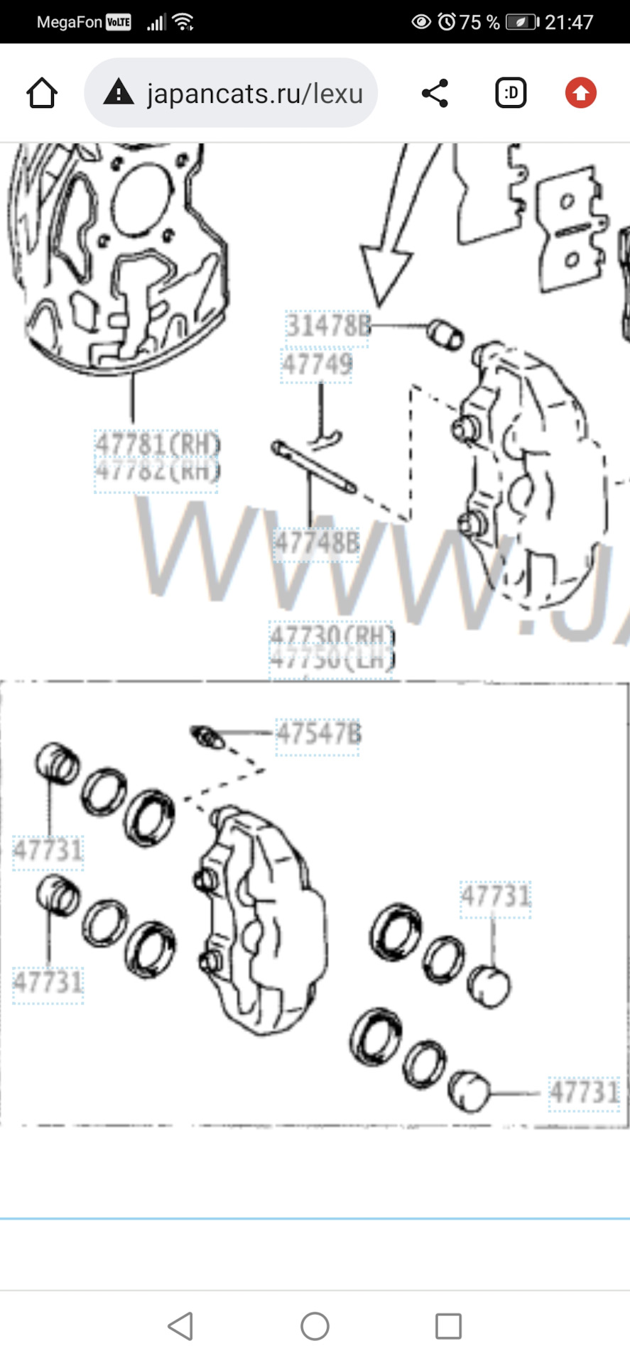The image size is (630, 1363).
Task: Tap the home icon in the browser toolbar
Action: click(42, 93)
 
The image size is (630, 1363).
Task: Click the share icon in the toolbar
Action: click(435, 93)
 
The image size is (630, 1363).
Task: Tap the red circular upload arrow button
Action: click(580, 93)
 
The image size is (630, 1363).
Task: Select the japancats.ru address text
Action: click(254, 94)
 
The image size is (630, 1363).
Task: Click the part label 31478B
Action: click(327, 327)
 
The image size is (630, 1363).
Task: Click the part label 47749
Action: click(317, 365)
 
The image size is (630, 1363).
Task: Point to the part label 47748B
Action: click(317, 544)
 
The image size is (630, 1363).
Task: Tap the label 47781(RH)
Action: click(157, 445)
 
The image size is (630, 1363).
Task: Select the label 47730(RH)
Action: click(331, 635)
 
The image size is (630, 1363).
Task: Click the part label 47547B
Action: click(317, 733)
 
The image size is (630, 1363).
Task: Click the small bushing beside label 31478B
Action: click(445, 334)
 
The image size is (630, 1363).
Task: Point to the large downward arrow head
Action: click(384, 273)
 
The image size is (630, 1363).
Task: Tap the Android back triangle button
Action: click(181, 1325)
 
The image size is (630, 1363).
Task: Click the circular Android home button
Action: click(315, 1325)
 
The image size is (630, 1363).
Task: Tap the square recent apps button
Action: click(448, 1325)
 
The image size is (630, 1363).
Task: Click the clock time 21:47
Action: click(568, 22)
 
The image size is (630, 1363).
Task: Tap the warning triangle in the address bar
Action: click(119, 93)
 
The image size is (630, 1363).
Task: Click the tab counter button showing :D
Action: click(510, 93)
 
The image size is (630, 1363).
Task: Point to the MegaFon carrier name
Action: click(69, 22)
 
